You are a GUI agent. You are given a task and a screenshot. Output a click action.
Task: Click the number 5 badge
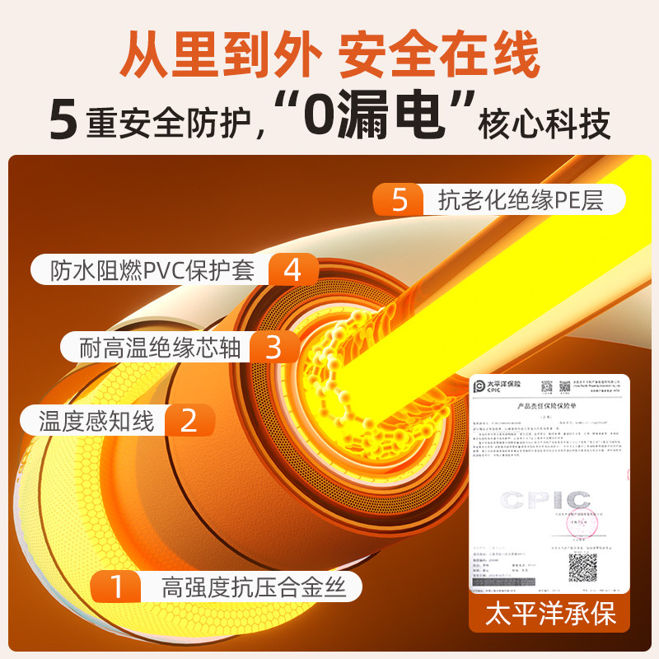tap(400, 200)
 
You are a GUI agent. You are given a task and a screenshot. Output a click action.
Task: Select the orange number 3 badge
tap(273, 347)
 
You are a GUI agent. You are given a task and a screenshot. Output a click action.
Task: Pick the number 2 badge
tap(188, 421)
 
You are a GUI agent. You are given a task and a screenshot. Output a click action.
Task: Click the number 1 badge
tap(116, 587)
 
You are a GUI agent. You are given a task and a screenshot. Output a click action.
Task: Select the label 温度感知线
tap(97, 422)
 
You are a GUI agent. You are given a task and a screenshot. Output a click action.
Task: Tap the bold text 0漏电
tap(375, 118)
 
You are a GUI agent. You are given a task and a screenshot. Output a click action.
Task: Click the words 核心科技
tap(544, 124)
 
